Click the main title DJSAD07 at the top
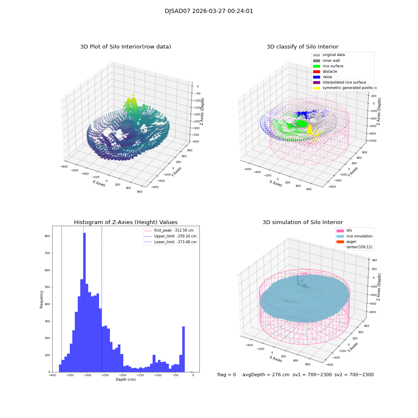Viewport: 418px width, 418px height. pyautogui.click(x=209, y=11)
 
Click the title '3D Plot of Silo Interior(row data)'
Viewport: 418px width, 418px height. pyautogui.click(x=125, y=47)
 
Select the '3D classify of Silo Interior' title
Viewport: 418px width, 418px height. pyautogui.click(x=302, y=47)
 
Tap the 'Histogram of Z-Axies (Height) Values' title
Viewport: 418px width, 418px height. pyautogui.click(x=125, y=222)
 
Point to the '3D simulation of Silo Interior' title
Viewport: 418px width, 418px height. pyautogui.click(x=302, y=222)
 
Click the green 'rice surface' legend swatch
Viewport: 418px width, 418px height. pyautogui.click(x=316, y=66)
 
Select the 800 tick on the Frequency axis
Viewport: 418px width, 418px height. pyautogui.click(x=47, y=236)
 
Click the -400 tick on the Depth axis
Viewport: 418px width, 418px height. pyautogui.click(x=52, y=375)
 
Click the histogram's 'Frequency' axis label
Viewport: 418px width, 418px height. pyautogui.click(x=41, y=299)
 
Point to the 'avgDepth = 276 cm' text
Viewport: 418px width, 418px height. pyautogui.click(x=266, y=375)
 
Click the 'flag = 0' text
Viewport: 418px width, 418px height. pyautogui.click(x=227, y=375)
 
